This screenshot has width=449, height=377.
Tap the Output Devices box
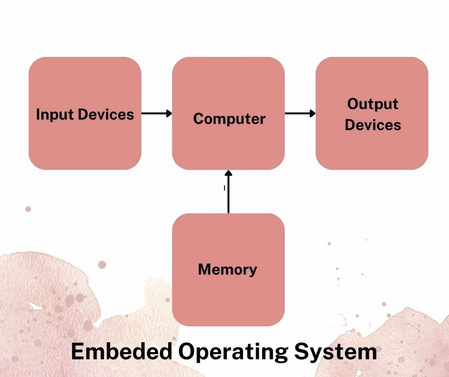pos(372,148)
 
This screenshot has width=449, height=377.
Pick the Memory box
pos(228,297)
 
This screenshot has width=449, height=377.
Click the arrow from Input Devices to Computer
pos(155,113)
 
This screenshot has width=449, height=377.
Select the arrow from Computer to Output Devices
pos(299,113)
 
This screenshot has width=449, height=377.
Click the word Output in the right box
pos(373,104)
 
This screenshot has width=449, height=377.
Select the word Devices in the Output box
pos(373,125)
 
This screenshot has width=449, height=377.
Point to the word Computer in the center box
pos(229,119)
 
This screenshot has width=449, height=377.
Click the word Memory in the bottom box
pos(227,270)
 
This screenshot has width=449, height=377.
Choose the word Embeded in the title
pos(121,352)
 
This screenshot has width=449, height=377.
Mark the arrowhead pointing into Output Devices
pos(312,113)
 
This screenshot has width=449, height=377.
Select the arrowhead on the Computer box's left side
pos(169,113)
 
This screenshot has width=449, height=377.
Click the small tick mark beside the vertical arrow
pos(224,188)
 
